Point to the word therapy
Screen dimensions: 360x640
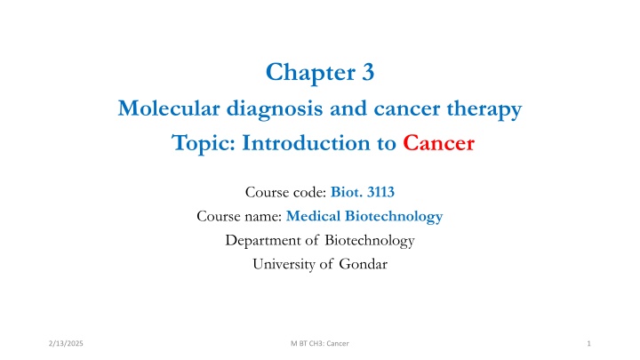click(478, 110)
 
